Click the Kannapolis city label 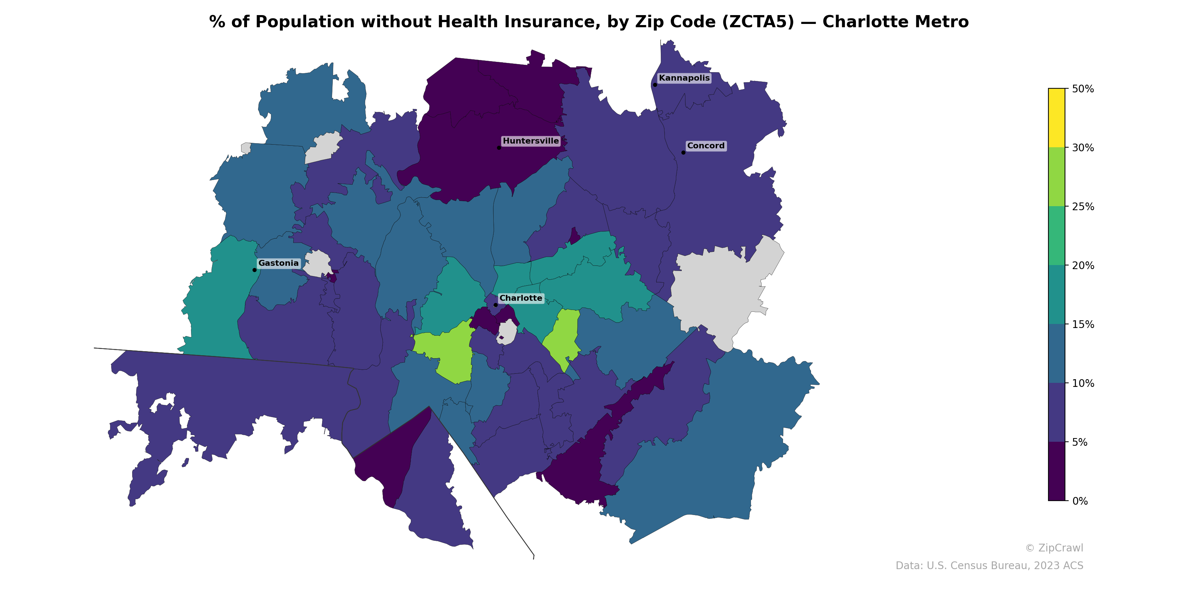tap(684, 78)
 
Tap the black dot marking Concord tap(683, 153)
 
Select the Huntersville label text tap(530, 141)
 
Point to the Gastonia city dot tap(255, 270)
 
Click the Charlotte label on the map tap(521, 298)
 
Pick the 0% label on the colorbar tap(1080, 501)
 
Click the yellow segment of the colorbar tap(1057, 118)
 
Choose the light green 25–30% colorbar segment tap(1057, 177)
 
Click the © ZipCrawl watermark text tap(1054, 548)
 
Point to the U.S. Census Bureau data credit tap(989, 566)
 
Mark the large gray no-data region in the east tap(723, 288)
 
